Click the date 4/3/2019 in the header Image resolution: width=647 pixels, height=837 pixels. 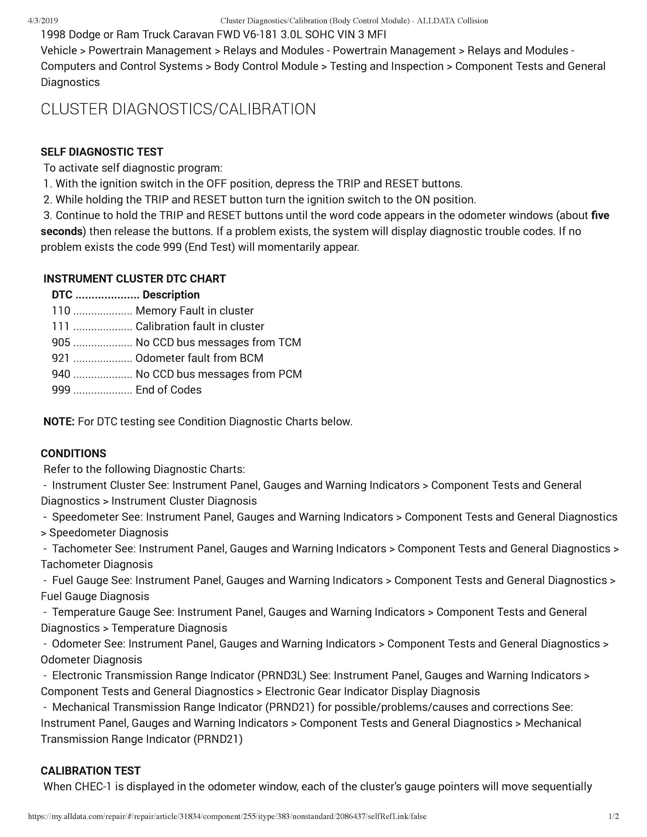click(x=43, y=21)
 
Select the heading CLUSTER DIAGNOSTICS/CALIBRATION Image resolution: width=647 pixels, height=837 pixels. click(x=178, y=109)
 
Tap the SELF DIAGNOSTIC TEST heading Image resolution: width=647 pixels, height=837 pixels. click(x=102, y=152)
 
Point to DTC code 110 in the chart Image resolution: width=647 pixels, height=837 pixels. click(x=61, y=311)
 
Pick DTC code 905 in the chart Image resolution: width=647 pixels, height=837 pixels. click(x=61, y=342)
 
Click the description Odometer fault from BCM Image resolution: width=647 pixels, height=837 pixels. click(x=199, y=358)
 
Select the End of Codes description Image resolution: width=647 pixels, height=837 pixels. click(x=169, y=390)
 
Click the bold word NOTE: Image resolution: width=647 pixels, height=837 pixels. click(x=59, y=422)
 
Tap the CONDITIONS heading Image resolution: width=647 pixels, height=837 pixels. click(x=73, y=453)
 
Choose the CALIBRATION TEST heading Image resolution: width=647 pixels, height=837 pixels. click(x=91, y=771)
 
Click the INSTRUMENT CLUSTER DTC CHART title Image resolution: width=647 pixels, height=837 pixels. click(x=134, y=279)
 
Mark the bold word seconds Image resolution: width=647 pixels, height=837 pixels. click(x=61, y=231)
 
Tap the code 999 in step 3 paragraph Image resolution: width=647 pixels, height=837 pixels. click(x=172, y=247)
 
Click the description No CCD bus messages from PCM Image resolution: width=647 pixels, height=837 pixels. click(x=218, y=374)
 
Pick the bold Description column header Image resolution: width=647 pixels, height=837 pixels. click(x=171, y=295)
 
